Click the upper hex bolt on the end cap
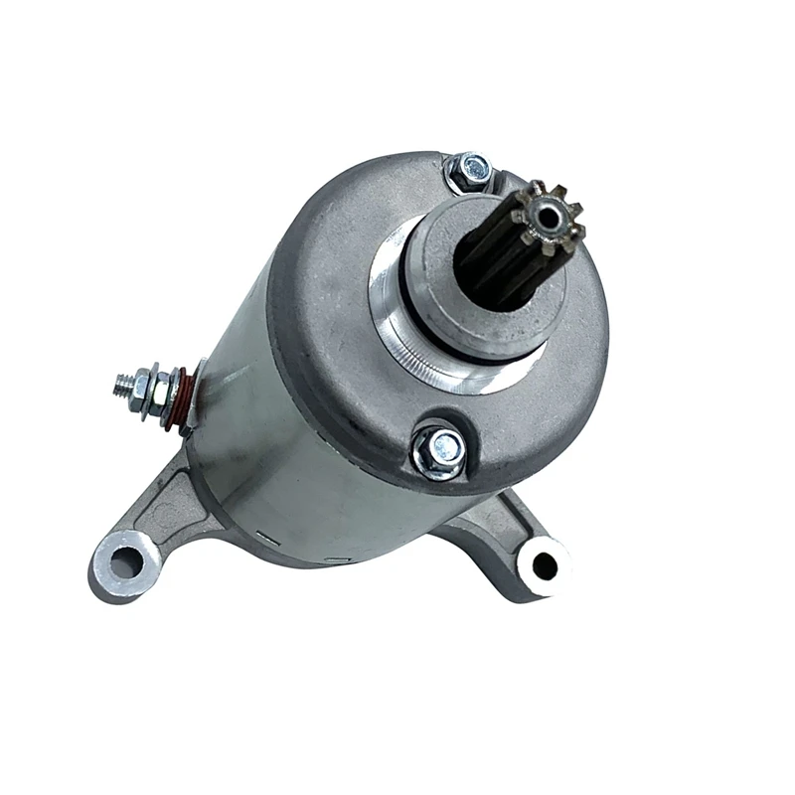470,173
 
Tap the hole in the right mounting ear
545,565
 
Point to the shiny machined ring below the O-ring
417,363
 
